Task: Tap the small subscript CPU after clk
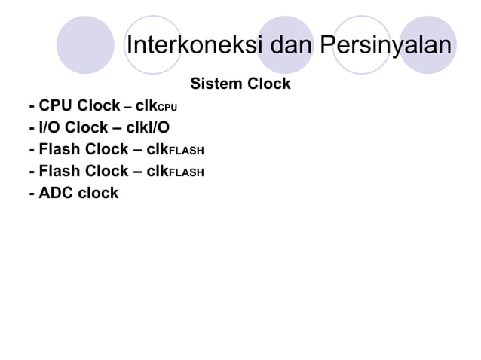point(167,107)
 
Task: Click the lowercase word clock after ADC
point(99,193)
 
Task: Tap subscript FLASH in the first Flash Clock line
point(186,151)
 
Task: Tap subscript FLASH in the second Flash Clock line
point(186,172)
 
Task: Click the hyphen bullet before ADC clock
point(31,193)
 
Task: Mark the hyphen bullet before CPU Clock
point(31,105)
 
